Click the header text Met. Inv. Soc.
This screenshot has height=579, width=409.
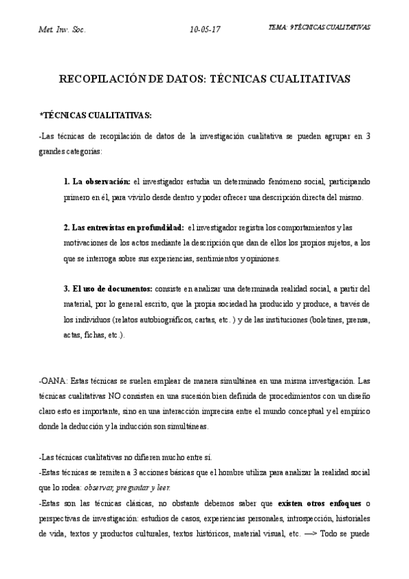click(62, 29)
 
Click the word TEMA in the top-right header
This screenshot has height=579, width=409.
click(279, 27)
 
